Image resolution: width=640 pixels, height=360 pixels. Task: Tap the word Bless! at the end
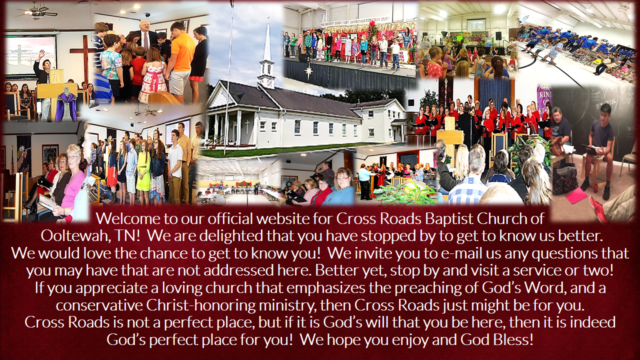tap(513, 339)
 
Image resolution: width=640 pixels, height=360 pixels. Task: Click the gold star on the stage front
tap(309, 72)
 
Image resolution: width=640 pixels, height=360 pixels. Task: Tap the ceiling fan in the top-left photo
tap(36, 11)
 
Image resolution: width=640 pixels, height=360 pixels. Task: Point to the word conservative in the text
tap(99, 305)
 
